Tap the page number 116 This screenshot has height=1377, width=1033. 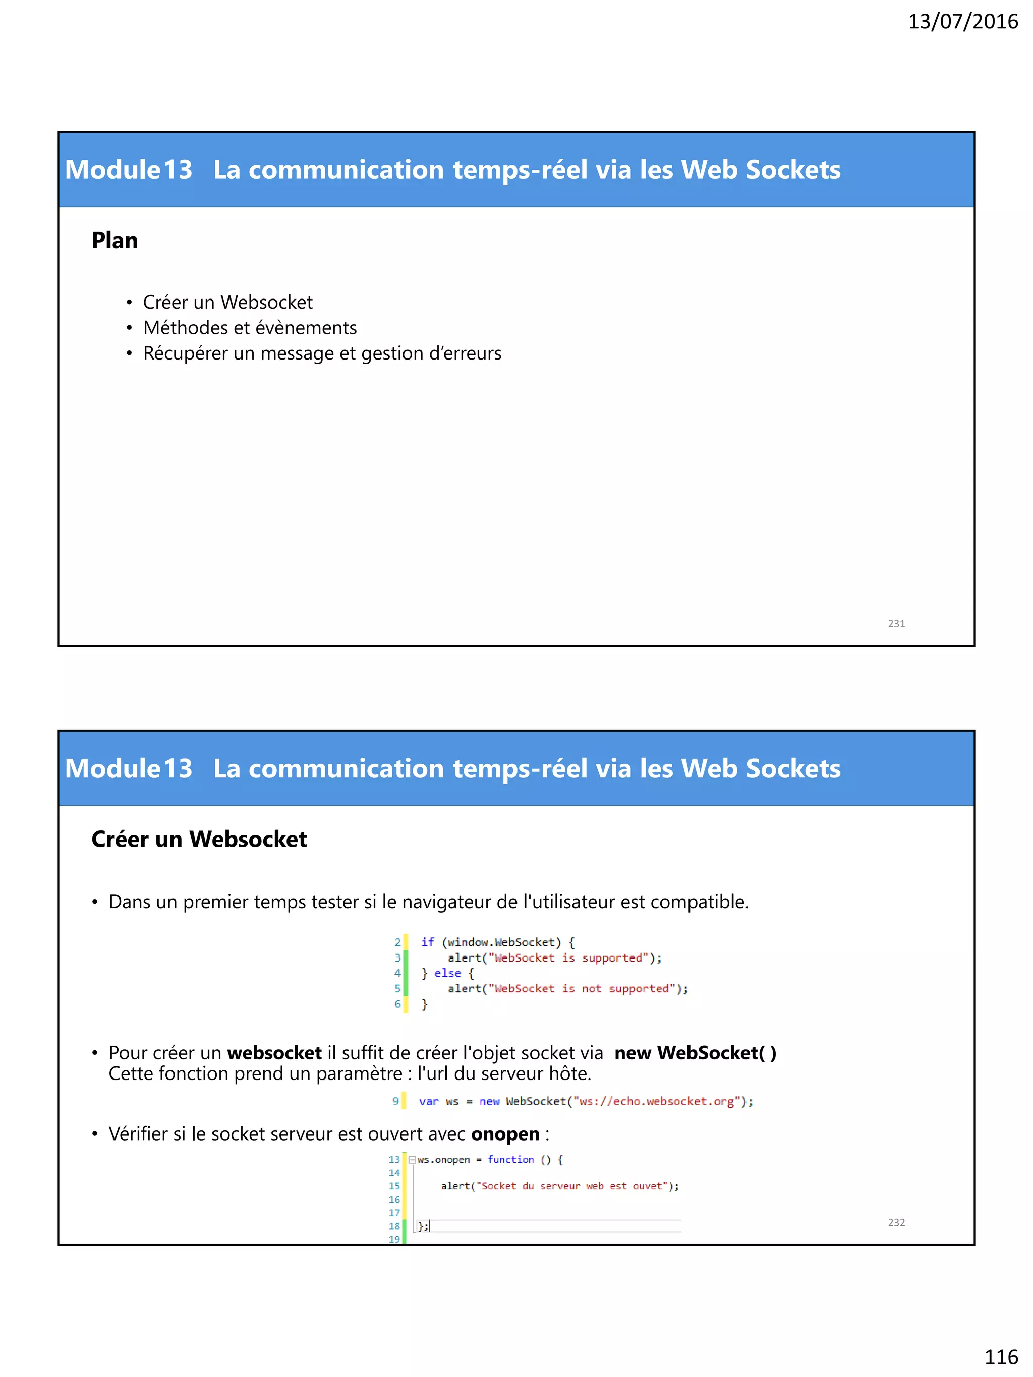1001,1356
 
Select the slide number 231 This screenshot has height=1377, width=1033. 896,624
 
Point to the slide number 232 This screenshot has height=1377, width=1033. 896,1223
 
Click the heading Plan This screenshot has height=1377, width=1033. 114,241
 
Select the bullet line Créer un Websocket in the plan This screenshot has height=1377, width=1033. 227,303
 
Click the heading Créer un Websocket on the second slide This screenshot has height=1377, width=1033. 199,839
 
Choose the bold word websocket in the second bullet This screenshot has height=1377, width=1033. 274,1053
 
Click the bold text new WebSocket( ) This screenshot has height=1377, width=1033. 695,1053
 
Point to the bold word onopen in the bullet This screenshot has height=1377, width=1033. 505,1134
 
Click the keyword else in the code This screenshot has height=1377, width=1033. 448,973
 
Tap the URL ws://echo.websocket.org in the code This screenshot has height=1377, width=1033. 656,1101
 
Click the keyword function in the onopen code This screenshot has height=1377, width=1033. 510,1159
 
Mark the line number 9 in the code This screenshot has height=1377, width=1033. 395,1101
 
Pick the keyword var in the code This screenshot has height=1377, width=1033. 428,1101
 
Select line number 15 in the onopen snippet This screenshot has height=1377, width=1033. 394,1186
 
